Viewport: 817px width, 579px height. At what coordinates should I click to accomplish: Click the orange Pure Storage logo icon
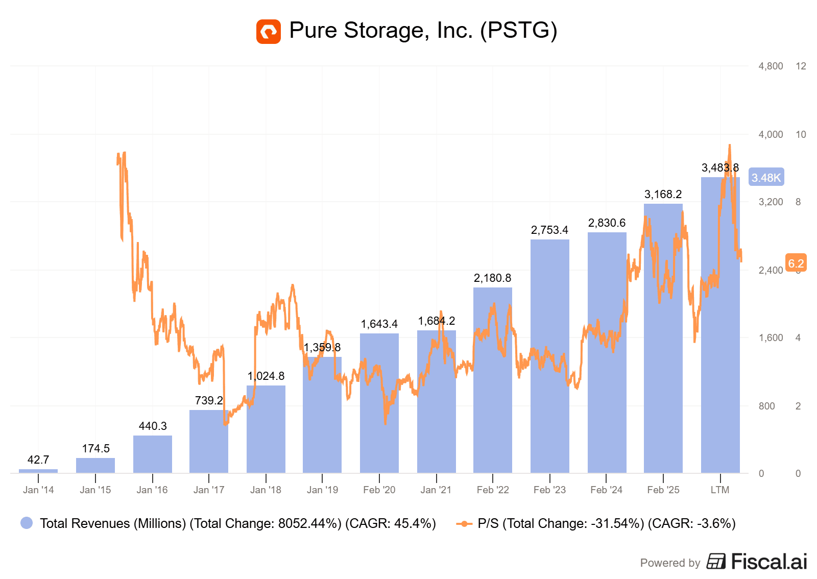pos(268,32)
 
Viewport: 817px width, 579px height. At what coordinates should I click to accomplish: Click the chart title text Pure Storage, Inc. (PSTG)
pos(423,30)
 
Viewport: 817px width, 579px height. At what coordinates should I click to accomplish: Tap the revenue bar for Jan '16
pos(152,454)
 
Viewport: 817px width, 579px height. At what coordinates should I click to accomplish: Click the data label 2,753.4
pos(549,230)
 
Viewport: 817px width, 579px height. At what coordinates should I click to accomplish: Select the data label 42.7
pos(38,460)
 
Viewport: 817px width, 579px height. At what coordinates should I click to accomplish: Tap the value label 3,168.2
pos(663,195)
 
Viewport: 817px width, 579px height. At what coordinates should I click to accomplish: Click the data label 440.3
pos(153,426)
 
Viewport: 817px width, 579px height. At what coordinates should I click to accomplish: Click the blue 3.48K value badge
pos(766,178)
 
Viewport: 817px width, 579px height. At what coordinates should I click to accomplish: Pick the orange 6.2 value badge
pos(796,263)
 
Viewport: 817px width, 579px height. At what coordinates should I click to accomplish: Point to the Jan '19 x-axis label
pos(322,490)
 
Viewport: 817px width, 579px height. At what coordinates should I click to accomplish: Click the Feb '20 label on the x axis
pos(379,490)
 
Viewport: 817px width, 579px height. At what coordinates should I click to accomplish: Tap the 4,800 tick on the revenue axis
pos(771,66)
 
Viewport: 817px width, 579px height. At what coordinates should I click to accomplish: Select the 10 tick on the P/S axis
pos(801,135)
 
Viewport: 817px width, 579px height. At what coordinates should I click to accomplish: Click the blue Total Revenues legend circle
pos(27,523)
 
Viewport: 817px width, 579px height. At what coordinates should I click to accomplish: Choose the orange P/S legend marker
pos(464,523)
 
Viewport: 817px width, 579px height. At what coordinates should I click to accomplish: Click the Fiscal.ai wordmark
pos(768,562)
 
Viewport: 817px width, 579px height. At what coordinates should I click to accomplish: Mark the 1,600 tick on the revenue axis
pos(771,338)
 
